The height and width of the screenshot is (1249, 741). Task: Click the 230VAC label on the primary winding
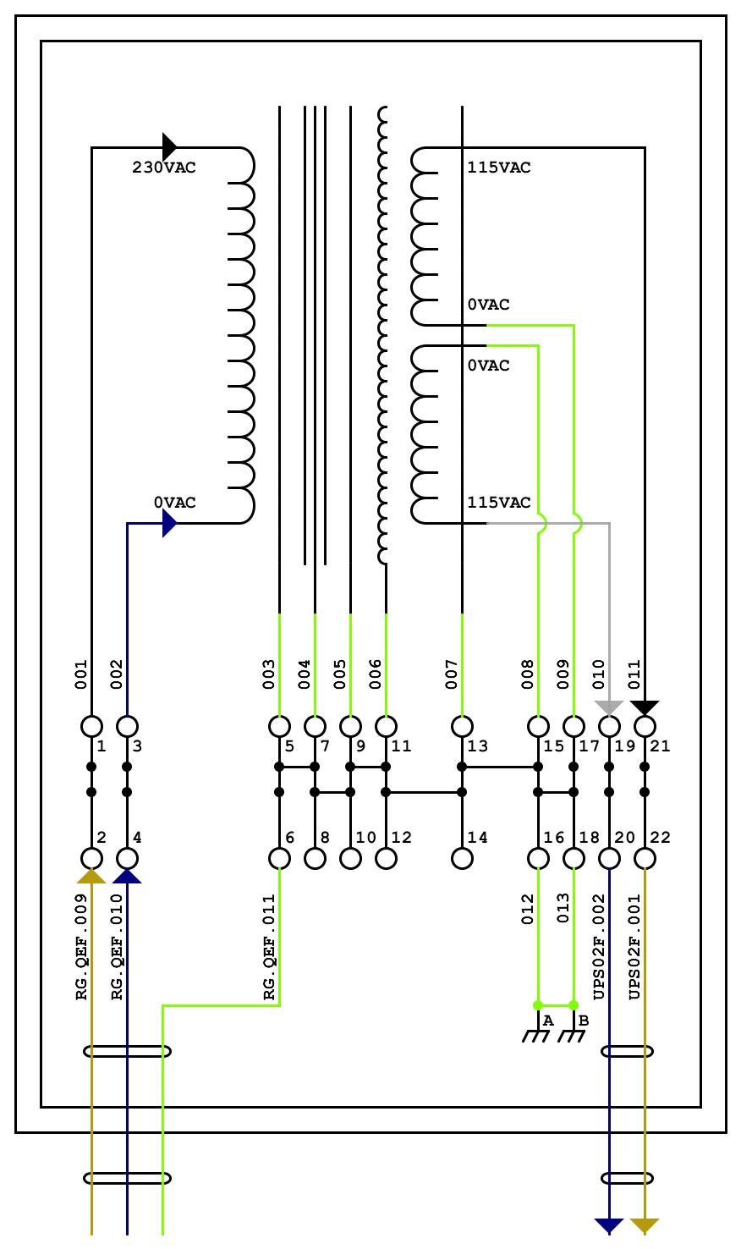coord(163,168)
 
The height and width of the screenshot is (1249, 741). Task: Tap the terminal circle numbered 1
coord(91,726)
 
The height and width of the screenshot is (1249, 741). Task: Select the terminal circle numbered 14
coord(462,858)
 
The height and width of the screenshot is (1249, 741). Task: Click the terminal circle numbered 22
coord(645,858)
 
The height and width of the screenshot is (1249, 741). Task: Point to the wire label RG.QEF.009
coord(82,947)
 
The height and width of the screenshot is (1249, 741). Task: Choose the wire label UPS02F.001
coord(634,947)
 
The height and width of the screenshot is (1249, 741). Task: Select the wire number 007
coord(452,674)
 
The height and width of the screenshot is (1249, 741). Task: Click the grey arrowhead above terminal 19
coord(609,707)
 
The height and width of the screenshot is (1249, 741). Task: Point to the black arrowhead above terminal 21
coord(645,707)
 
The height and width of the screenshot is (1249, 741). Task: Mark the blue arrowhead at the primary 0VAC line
coord(169,524)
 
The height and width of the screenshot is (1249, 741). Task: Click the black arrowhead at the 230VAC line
coord(169,146)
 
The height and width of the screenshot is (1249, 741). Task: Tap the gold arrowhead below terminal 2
coord(91,877)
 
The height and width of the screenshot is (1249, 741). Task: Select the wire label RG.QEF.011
coord(270,947)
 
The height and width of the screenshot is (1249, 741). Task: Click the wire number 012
coord(528,909)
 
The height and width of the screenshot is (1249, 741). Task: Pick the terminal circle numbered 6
coord(279,858)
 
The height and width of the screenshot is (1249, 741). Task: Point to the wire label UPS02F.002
coord(599,947)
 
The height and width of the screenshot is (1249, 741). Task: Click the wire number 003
coord(269,674)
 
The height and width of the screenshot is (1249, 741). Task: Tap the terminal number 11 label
coord(402,746)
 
